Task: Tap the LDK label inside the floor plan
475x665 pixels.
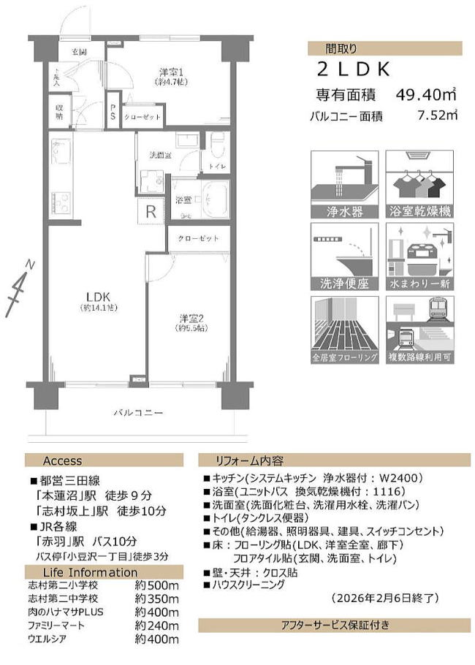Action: pos(97,296)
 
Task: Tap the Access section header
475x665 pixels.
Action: pos(63,460)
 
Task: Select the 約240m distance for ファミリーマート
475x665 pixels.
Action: pos(157,626)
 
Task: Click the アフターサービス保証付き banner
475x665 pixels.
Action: pos(335,625)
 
